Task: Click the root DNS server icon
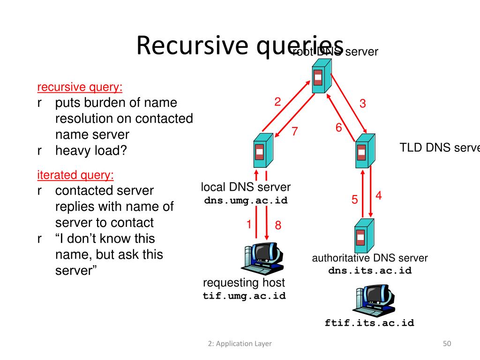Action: [321, 77]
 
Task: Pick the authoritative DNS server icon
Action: [363, 237]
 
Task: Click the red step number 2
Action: [277, 102]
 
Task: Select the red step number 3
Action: [362, 104]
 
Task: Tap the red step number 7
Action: [295, 132]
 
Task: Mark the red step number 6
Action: [338, 127]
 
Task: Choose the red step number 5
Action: [355, 200]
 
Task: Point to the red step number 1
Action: [249, 225]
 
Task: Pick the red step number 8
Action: [278, 225]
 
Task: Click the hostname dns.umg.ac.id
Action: [246, 201]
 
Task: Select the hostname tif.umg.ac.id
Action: [244, 296]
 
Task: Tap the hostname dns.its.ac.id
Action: [370, 270]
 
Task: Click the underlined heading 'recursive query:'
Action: [80, 87]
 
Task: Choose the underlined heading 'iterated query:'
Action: [75, 175]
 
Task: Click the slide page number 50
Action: [447, 344]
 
